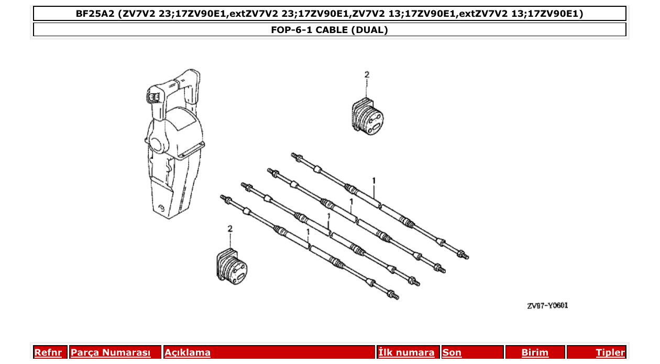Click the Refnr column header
click(48, 353)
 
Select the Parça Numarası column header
click(110, 353)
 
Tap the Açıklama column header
click(188, 353)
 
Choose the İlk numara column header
click(406, 353)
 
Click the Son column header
click(452, 353)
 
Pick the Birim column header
click(535, 353)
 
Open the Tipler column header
click(610, 353)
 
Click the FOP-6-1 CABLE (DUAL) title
click(329, 30)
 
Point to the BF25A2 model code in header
click(95, 14)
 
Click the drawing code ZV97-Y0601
click(547, 306)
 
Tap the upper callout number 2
click(367, 75)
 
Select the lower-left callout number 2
click(229, 229)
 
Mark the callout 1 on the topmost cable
click(373, 181)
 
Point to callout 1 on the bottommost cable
click(308, 231)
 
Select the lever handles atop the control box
click(173, 89)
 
